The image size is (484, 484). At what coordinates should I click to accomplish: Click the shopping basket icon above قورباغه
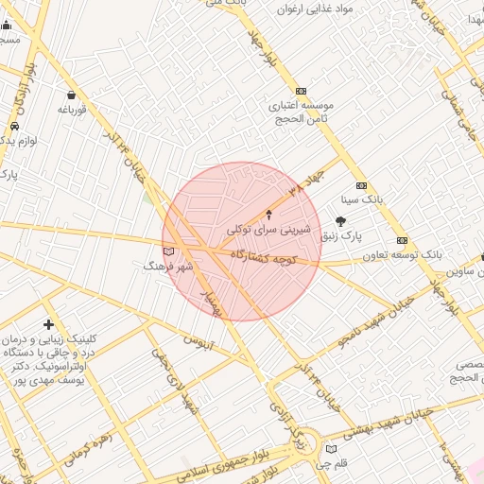pos(72,95)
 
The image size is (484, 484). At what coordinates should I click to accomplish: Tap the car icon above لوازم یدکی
pos(15,126)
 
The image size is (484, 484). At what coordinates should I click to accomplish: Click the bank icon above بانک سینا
pos(360,185)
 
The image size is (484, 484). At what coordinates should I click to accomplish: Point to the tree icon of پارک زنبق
pos(340,220)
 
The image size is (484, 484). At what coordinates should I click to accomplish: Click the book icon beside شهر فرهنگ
pos(169,251)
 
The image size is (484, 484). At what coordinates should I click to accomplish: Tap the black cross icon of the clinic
pos(48,325)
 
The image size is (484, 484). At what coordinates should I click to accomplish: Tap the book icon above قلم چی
pos(330,449)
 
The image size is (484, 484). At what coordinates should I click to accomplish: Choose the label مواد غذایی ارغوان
pos(315,9)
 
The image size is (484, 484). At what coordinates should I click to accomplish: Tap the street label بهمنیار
pos(209,300)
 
